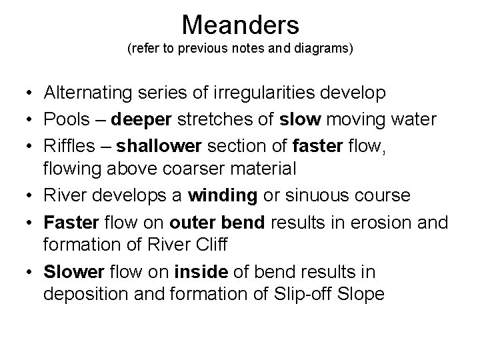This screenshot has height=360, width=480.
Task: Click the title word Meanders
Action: pos(240,25)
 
